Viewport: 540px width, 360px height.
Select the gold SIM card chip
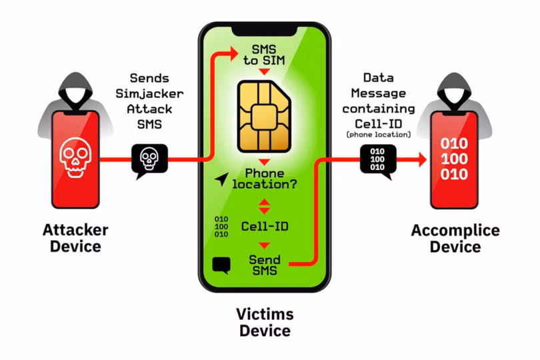(264, 117)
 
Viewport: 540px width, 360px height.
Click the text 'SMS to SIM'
(264, 55)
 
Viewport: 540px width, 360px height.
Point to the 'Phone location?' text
(264, 178)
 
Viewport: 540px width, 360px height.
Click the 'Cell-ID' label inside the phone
(265, 226)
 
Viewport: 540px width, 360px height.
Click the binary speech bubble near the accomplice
(377, 159)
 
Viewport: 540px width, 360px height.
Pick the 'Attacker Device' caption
(75, 238)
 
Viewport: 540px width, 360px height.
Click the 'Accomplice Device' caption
(455, 239)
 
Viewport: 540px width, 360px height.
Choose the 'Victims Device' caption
(265, 322)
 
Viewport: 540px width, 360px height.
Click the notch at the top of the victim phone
(265, 30)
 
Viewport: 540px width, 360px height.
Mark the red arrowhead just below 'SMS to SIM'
(265, 71)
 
